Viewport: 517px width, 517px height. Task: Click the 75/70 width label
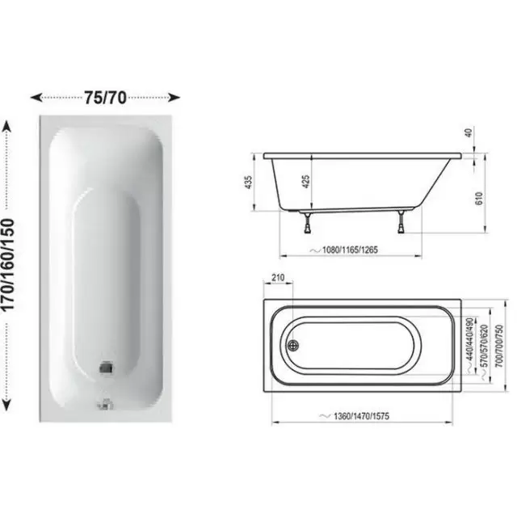[105, 98]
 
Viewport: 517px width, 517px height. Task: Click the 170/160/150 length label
[8, 265]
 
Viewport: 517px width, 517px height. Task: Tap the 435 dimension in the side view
[249, 183]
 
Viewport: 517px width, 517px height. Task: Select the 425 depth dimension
[306, 182]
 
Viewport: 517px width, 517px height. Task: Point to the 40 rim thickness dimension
[469, 132]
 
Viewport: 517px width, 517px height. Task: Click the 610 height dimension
[479, 198]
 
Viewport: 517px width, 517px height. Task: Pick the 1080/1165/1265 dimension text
[350, 250]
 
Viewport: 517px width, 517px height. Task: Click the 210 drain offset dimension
[278, 278]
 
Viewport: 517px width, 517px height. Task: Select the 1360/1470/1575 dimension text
[361, 416]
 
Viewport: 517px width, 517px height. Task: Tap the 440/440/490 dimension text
[470, 339]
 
